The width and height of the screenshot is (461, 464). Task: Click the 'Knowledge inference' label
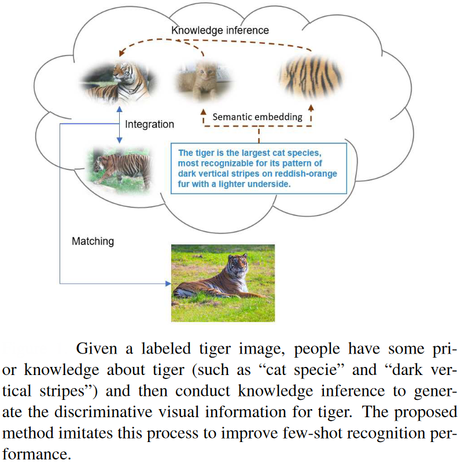[220, 29]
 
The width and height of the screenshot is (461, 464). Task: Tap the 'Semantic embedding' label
[257, 117]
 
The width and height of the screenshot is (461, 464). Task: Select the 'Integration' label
[149, 124]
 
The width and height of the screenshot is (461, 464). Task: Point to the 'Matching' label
[93, 241]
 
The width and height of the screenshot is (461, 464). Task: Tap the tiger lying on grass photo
[223, 283]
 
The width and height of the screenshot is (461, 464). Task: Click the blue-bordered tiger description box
[259, 168]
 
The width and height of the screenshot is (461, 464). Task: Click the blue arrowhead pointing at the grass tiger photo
[168, 284]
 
